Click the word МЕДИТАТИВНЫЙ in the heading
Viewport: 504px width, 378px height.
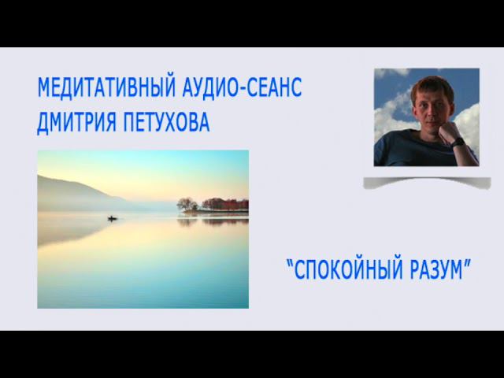tap(107, 87)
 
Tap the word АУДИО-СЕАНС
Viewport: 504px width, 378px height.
tap(242, 87)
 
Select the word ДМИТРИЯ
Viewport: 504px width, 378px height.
tap(76, 123)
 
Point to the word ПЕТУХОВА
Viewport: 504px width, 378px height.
tap(166, 122)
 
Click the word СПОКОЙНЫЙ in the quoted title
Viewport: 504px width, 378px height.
tap(348, 269)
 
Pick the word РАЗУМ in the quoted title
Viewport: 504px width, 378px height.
tap(436, 269)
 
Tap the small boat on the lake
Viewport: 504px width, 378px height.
tap(112, 219)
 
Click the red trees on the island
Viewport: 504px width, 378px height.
tap(225, 204)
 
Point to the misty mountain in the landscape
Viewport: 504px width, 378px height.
tap(80, 193)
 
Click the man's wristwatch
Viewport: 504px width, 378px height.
tap(458, 142)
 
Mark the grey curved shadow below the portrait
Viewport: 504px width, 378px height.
tap(427, 182)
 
